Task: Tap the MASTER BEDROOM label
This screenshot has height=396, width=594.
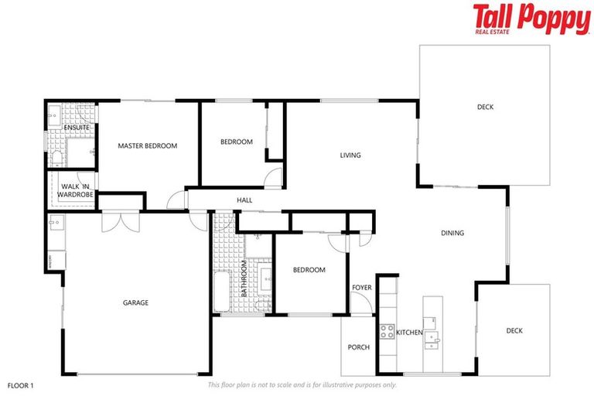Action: click(x=148, y=145)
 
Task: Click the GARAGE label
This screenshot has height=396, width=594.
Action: click(x=135, y=302)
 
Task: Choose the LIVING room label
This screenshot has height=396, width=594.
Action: click(x=350, y=155)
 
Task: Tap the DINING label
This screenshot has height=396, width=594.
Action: click(x=452, y=233)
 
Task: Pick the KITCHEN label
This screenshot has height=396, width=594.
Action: click(x=409, y=332)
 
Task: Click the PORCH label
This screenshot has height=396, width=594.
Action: click(x=359, y=347)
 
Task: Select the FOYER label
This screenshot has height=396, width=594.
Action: click(x=362, y=288)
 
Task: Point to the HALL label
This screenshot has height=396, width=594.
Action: click(x=244, y=200)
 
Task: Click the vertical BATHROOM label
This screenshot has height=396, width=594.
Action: click(x=244, y=278)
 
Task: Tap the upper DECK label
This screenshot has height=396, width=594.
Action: click(x=485, y=108)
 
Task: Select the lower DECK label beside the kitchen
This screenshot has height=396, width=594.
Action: click(x=514, y=331)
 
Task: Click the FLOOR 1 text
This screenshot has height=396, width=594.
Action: click(x=21, y=384)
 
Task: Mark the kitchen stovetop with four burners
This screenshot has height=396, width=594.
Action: click(x=387, y=331)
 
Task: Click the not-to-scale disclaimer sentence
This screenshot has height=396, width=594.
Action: click(x=302, y=384)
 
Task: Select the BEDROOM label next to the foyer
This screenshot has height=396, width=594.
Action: click(x=309, y=270)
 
